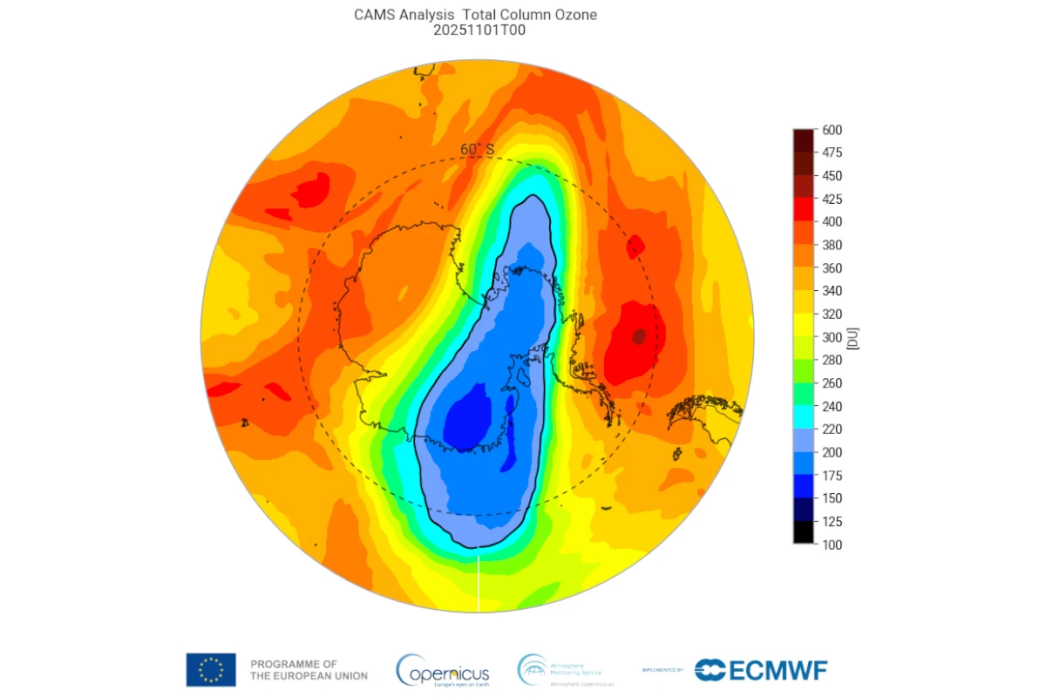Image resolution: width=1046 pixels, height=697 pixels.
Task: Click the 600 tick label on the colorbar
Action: (832, 130)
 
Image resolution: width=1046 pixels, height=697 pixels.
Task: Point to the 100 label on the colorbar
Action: (832, 545)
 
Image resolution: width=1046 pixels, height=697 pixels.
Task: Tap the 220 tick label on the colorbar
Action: (832, 430)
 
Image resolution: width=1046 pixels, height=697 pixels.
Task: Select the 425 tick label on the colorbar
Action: (832, 199)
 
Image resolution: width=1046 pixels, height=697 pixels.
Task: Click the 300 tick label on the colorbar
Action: (832, 337)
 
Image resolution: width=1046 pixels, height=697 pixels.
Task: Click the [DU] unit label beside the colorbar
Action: (855, 337)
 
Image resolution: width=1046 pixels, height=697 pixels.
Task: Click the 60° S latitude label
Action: (477, 150)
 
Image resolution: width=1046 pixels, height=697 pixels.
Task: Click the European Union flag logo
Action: (210, 669)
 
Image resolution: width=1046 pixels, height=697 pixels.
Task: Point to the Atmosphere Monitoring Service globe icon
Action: (532, 669)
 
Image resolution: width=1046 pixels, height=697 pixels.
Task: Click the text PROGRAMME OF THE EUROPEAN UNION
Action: (309, 670)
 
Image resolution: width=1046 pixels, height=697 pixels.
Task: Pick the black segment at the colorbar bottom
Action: (804, 532)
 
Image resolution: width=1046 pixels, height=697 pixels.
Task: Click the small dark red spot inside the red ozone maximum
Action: (640, 335)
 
